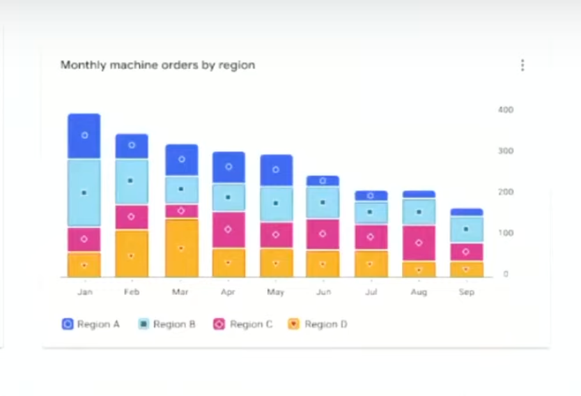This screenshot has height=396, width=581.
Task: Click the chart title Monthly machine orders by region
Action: pos(157,65)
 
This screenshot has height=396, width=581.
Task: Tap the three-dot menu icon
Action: pos(522,66)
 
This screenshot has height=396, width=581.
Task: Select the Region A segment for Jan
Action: pos(84,136)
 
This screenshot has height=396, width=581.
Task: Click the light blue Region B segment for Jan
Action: pos(84,192)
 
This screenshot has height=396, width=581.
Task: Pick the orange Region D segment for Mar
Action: pos(181,248)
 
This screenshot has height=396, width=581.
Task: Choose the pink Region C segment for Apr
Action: pos(228,229)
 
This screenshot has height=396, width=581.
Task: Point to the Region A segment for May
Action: pos(276,170)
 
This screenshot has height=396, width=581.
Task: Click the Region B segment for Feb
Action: pos(132,181)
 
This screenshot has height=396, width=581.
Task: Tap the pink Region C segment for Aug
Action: pos(419,243)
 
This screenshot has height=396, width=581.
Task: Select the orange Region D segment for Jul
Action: pos(371,264)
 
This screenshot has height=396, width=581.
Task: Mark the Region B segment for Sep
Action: pos(466,229)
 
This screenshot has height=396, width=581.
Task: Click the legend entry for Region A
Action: pos(91,324)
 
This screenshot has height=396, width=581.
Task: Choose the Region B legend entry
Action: pos(166,324)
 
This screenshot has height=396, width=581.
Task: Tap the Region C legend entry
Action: pos(242,324)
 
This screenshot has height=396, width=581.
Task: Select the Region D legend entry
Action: pos(318,324)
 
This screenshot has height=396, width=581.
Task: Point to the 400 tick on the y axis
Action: pos(505,109)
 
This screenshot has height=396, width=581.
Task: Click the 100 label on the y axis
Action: pos(505,233)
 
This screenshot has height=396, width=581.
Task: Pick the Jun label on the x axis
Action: pos(323,292)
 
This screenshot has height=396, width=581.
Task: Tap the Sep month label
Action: pos(466,292)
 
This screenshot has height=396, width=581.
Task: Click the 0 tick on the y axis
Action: pos(506,274)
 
